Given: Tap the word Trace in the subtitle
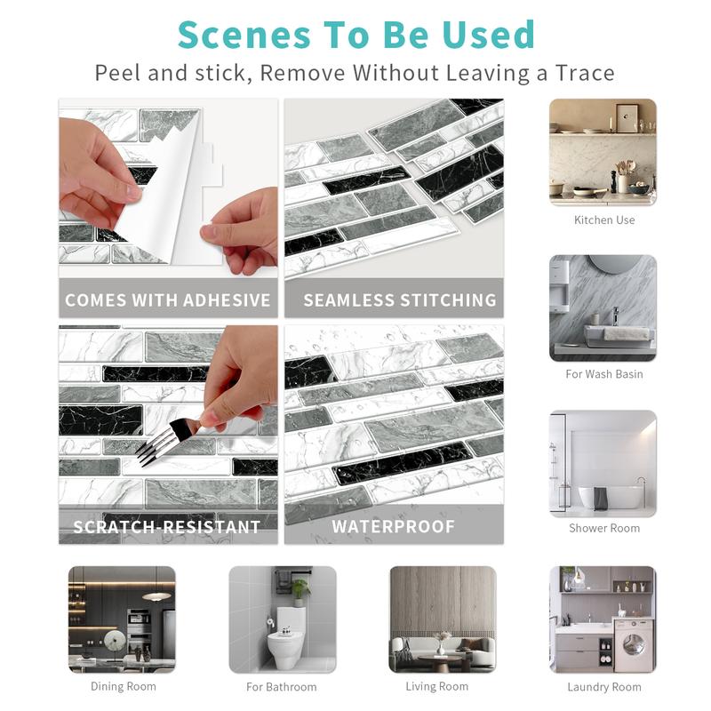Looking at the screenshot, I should click(579, 72).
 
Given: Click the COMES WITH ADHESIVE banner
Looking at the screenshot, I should click(168, 300).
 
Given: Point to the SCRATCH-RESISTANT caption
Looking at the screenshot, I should click(168, 527).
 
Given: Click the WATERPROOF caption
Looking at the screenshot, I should click(393, 527).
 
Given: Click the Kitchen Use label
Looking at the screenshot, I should click(604, 220).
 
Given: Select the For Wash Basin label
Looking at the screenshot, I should click(604, 374).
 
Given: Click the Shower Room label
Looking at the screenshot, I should click(604, 528).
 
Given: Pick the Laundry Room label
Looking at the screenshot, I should click(604, 687).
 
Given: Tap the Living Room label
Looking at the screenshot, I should click(436, 687).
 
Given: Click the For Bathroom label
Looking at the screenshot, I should click(281, 687).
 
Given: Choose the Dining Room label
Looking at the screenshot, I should click(123, 687).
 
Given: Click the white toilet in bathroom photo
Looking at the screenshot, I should click(286, 635).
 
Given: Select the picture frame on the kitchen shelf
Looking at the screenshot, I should click(627, 118).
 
